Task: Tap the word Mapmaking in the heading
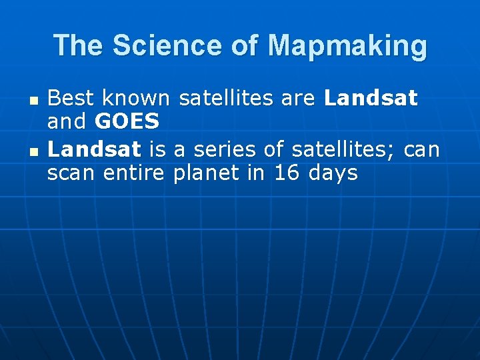coord(347,46)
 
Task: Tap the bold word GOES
coord(127,123)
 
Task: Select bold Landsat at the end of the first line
coord(371,99)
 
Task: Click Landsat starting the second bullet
coord(94,150)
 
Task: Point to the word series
coord(224,150)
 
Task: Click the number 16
coord(287,173)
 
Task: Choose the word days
coord(333,173)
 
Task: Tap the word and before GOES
coord(68,123)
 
